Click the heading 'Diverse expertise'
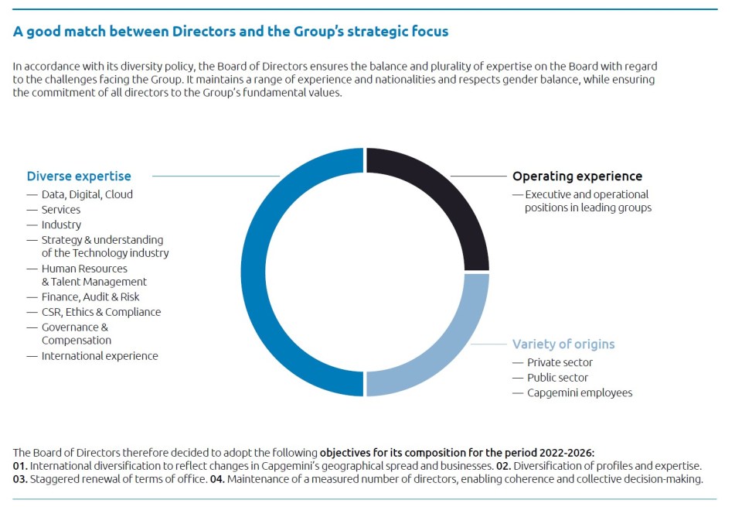pos(79,176)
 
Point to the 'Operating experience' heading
pos(577,176)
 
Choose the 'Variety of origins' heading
pos(563,344)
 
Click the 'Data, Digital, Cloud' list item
pos(87,194)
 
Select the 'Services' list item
pos(61,210)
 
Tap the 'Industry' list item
pos(61,224)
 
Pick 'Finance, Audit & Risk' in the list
pos(90,297)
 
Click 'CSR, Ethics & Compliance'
pos(101,312)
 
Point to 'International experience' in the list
pos(100,356)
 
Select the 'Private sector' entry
pos(560,362)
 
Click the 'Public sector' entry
pos(557,378)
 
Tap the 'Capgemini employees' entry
pos(579,393)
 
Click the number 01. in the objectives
pos(20,466)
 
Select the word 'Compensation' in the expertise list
pos(77,341)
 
